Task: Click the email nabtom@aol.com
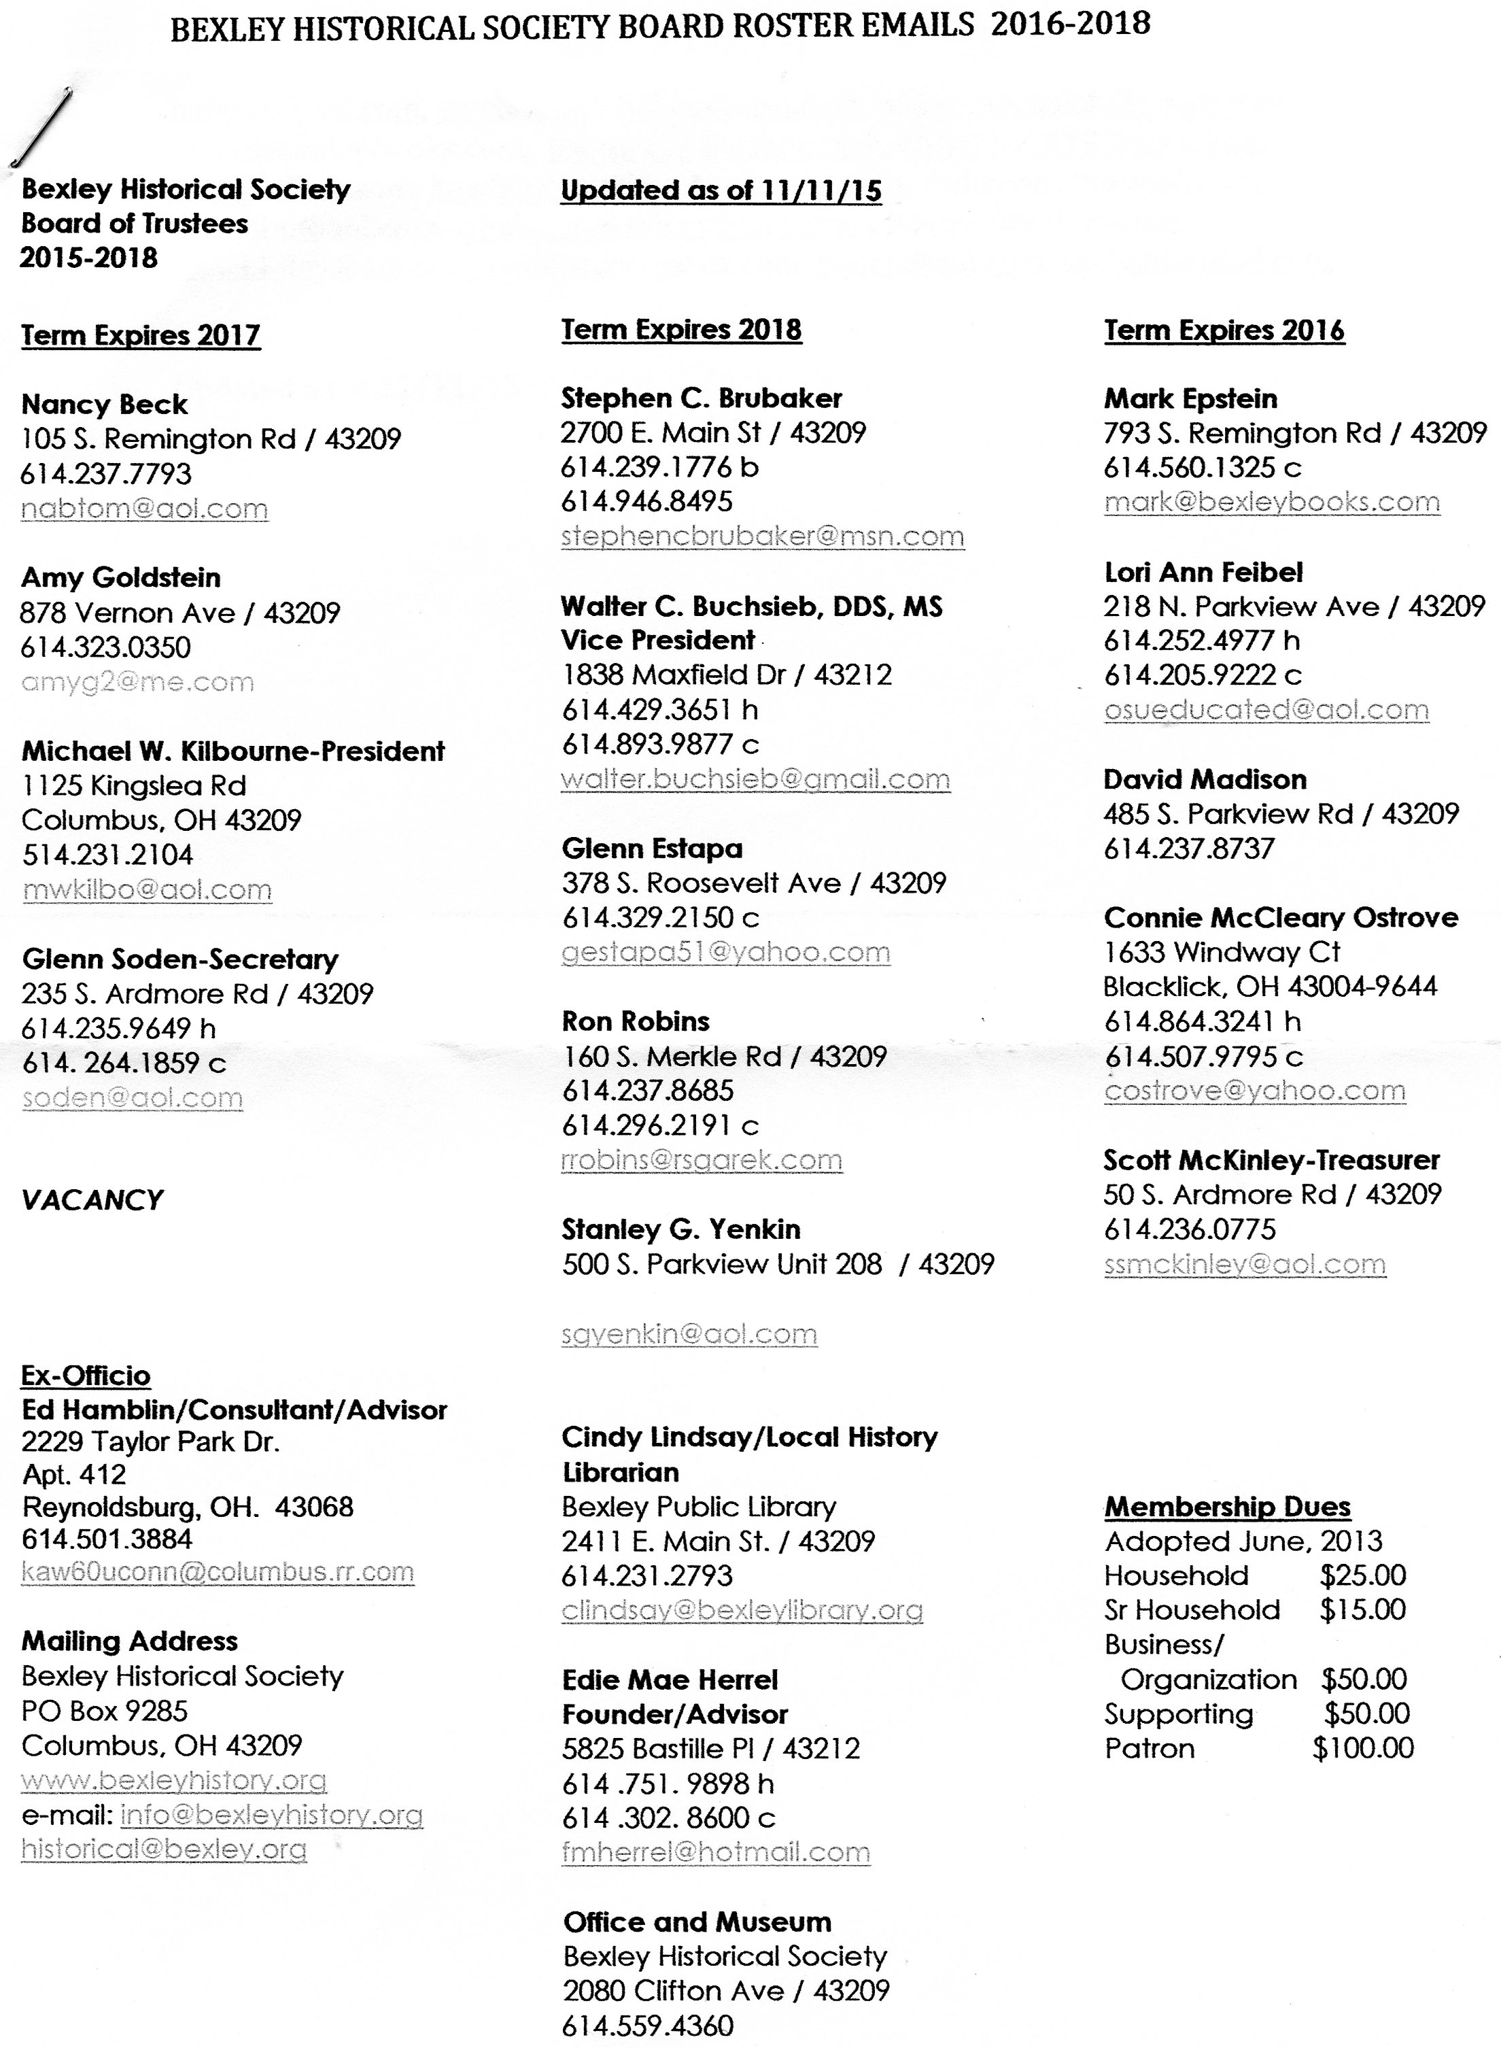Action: coord(145,508)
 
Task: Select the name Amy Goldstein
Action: coord(121,577)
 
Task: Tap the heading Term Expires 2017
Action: coord(141,335)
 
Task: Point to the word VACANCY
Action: coord(92,1199)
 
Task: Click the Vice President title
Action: coord(658,640)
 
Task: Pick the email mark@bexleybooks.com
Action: coord(1272,502)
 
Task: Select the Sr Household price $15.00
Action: coord(1363,1609)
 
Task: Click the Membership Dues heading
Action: coord(1228,1507)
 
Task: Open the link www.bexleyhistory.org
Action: coord(173,1780)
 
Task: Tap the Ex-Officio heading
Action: coord(86,1375)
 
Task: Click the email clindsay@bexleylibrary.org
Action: coord(742,1610)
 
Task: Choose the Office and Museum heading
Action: coord(697,1922)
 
